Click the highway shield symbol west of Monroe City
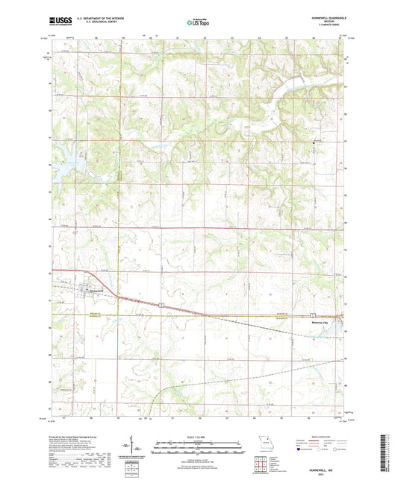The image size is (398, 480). point(314,315)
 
